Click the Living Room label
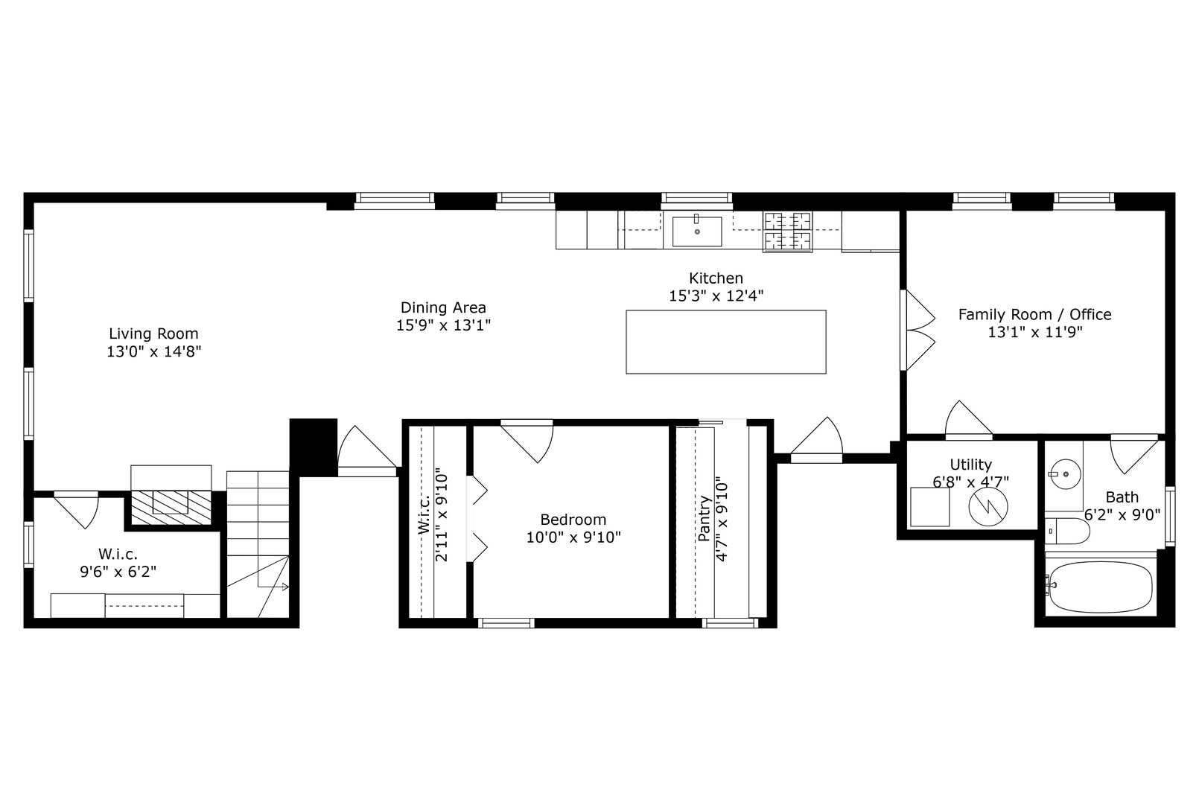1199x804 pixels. coord(153,334)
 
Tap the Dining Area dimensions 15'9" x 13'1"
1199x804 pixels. coord(443,325)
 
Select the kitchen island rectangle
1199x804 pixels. coord(725,342)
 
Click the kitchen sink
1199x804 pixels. coord(697,231)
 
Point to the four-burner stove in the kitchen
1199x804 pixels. coord(788,231)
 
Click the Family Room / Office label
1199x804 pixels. coord(1034,314)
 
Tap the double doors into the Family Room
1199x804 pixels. coord(917,330)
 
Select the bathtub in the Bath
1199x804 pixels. coord(1100,587)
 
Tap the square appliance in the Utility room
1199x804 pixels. coord(930,507)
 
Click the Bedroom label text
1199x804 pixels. coord(573,520)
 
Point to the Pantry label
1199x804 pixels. coord(704,519)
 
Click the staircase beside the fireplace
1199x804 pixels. coord(257,543)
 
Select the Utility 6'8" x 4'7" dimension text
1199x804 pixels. coord(970,482)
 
